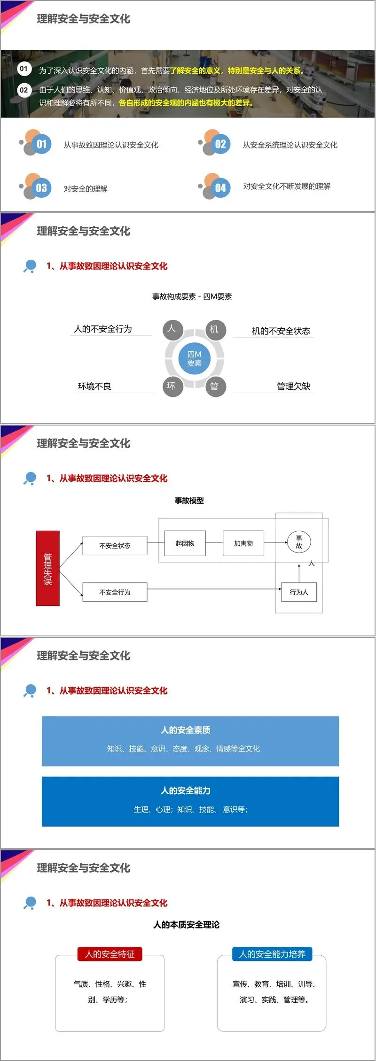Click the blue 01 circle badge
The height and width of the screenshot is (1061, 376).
(x=42, y=144)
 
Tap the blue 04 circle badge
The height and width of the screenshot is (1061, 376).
(x=220, y=188)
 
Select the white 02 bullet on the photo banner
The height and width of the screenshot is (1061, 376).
(x=23, y=90)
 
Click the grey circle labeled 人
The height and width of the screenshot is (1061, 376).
(x=172, y=329)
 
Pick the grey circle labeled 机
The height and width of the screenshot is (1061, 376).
(x=216, y=329)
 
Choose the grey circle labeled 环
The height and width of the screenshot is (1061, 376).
(x=172, y=386)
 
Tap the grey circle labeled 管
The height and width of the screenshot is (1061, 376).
(x=216, y=386)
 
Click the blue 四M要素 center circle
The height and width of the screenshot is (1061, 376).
(x=194, y=359)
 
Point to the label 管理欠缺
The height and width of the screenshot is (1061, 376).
(x=293, y=386)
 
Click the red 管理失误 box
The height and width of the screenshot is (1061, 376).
(x=47, y=568)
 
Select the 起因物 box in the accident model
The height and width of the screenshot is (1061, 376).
(x=185, y=543)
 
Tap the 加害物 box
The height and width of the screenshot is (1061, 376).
(x=243, y=543)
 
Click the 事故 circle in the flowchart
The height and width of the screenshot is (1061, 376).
(x=299, y=542)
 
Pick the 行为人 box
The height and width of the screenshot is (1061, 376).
(x=299, y=592)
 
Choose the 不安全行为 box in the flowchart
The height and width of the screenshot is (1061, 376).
(x=115, y=592)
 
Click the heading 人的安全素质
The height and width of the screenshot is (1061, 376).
(x=186, y=730)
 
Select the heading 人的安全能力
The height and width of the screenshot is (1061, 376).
(x=186, y=790)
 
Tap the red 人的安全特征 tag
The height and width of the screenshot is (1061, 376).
(x=110, y=954)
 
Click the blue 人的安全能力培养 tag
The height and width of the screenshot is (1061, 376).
(x=272, y=954)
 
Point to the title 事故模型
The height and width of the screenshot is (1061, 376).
(x=189, y=501)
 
